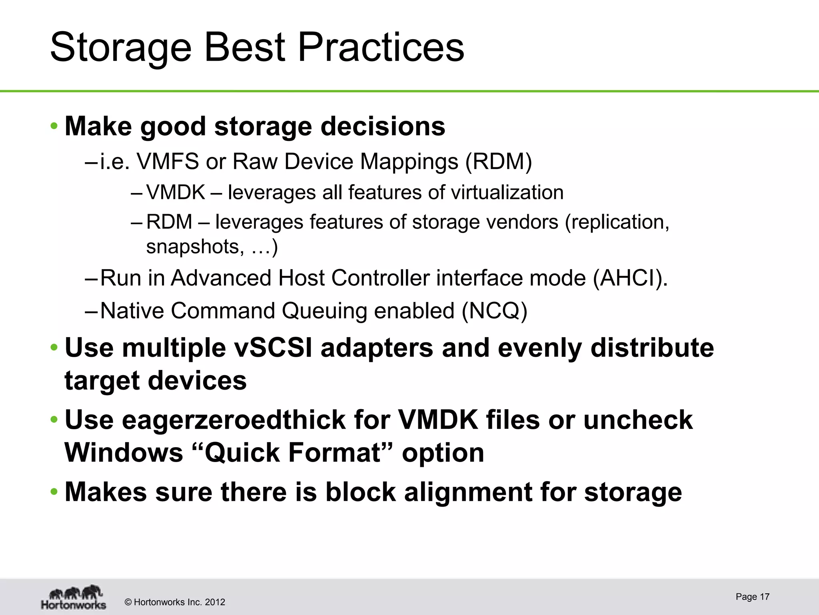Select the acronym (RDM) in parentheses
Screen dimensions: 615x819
pyautogui.click(x=498, y=162)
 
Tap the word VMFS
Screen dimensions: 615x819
pyautogui.click(x=168, y=162)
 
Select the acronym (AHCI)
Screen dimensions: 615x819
pyautogui.click(x=630, y=278)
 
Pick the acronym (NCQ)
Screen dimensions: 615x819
pyautogui.click(x=494, y=311)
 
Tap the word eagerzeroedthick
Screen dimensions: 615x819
pyautogui.click(x=234, y=420)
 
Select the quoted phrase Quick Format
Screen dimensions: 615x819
pyautogui.click(x=292, y=453)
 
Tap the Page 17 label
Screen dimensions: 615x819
pyautogui.click(x=752, y=597)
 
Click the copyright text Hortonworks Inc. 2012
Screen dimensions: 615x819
pyautogui.click(x=175, y=602)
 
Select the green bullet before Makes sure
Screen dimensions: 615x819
pyautogui.click(x=54, y=492)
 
